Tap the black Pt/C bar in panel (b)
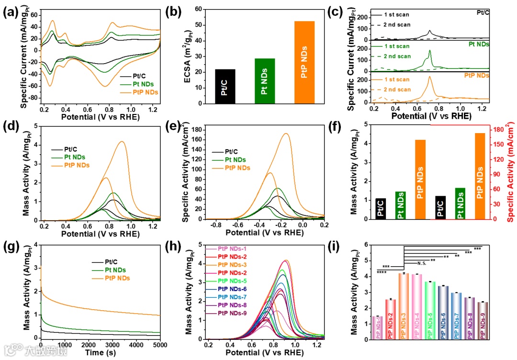[x=225, y=87]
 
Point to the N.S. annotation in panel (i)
[x=422, y=263]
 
